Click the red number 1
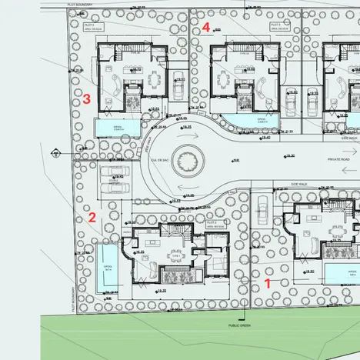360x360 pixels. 268,282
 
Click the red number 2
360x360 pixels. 92,217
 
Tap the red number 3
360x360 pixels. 87,98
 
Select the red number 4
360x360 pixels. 206,27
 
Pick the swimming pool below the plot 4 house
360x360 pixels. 239,121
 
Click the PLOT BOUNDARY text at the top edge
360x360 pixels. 79,5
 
